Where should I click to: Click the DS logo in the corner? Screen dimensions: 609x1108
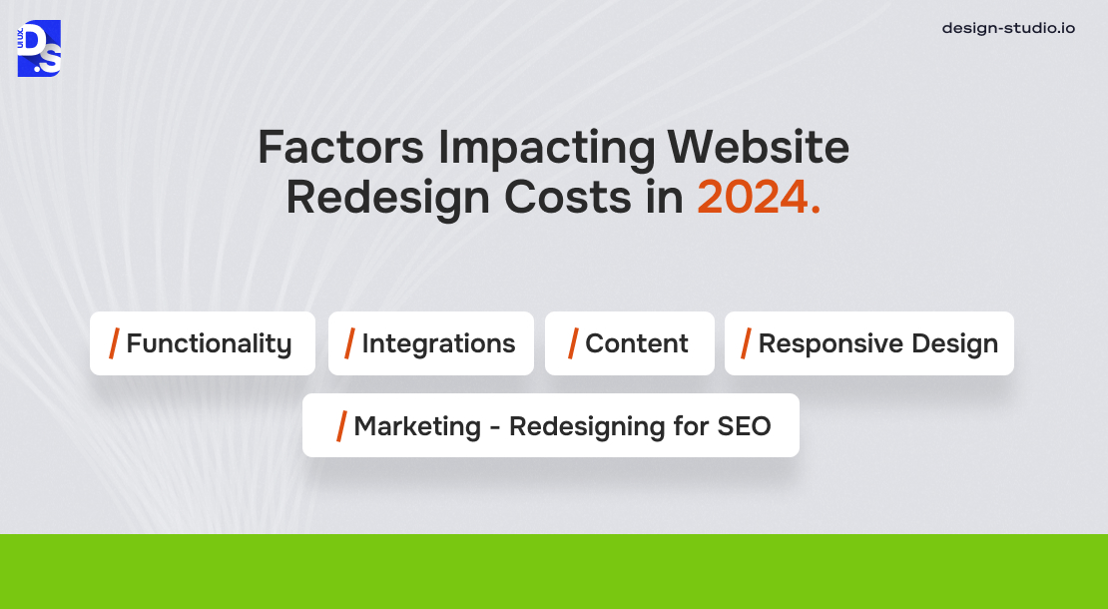pyautogui.click(x=39, y=48)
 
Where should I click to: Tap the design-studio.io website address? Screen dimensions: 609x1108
pyautogui.click(x=1008, y=28)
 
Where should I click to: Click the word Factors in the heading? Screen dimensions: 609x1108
pyautogui.click(x=340, y=149)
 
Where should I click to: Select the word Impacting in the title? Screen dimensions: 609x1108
pyautogui.click(x=546, y=149)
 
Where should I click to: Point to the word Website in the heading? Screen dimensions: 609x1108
pyautogui.click(x=759, y=149)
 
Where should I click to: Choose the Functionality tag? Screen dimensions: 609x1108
pyautogui.click(x=203, y=343)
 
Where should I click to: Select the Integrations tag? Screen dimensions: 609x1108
pyautogui.click(x=431, y=343)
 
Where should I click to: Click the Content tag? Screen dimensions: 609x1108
pyautogui.click(x=630, y=343)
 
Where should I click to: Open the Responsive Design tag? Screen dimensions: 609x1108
pyautogui.click(x=869, y=343)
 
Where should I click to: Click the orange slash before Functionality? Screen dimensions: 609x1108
pyautogui.click(x=115, y=343)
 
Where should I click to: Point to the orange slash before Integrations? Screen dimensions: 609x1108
pyautogui.click(x=350, y=343)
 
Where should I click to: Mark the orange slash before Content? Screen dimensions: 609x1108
pyautogui.click(x=574, y=343)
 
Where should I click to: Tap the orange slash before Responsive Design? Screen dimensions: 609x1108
pyautogui.click(x=747, y=343)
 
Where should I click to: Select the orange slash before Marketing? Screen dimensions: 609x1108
pyautogui.click(x=342, y=426)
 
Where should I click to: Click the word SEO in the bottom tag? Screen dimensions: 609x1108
pyautogui.click(x=745, y=426)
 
